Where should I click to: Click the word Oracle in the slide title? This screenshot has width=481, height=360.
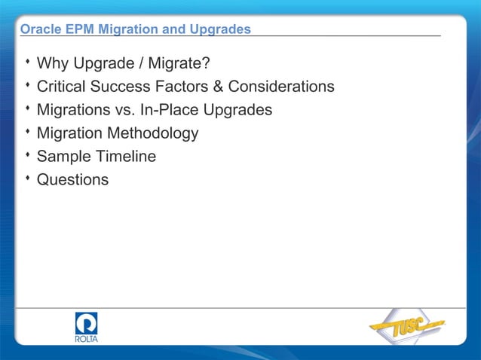pyautogui.click(x=38, y=29)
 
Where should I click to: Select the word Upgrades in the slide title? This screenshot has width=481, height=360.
pyautogui.click(x=222, y=29)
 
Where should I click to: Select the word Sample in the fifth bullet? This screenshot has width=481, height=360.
pyautogui.click(x=63, y=157)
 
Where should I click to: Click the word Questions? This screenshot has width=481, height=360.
pyautogui.click(x=72, y=180)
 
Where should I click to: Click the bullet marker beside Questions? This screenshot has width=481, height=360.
pyautogui.click(x=27, y=178)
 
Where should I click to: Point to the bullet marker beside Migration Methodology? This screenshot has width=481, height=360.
pyautogui.click(x=27, y=132)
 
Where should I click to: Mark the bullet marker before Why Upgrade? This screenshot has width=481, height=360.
pyautogui.click(x=27, y=61)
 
